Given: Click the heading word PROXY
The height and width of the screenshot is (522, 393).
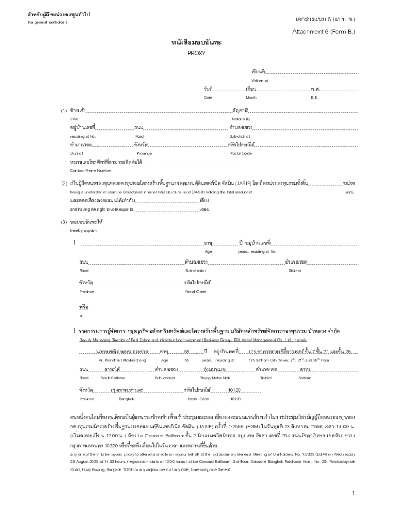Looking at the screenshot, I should [x=196, y=53].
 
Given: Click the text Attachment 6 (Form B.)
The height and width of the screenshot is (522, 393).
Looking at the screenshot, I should [x=324, y=31].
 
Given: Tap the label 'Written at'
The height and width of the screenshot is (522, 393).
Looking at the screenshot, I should [x=259, y=81].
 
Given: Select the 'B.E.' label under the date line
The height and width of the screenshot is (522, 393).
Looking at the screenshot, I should [x=314, y=97].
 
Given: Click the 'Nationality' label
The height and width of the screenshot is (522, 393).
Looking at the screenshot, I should [x=240, y=119].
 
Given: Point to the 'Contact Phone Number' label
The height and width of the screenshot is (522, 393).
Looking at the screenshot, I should [x=90, y=170].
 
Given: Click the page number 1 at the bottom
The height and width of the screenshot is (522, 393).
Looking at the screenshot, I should [x=353, y=493].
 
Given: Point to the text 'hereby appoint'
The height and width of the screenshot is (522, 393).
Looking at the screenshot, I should [x=83, y=230].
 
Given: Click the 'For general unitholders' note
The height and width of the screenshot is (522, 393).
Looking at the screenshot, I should [x=47, y=22].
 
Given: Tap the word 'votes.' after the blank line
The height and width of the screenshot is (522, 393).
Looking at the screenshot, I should [x=204, y=209].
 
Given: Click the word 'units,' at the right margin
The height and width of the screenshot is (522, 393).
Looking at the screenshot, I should [x=349, y=192].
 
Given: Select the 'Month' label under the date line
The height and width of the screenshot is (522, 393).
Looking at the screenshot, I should [x=251, y=97].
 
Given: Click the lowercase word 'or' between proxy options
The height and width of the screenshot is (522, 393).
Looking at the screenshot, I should [x=81, y=315].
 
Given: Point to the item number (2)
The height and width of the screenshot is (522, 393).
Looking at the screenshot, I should [x=64, y=183].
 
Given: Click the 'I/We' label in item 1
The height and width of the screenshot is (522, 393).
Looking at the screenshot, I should [x=75, y=119].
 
